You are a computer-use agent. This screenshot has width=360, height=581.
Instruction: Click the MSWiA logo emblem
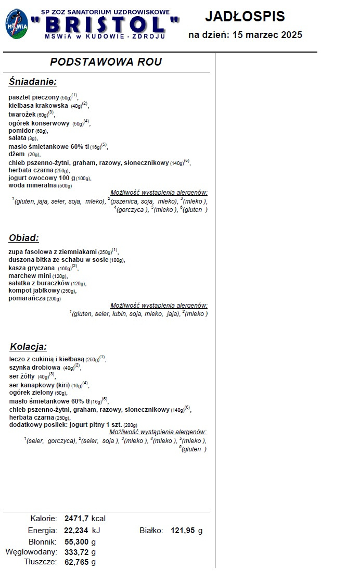(17, 24)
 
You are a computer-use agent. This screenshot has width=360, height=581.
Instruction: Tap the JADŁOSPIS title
(245, 17)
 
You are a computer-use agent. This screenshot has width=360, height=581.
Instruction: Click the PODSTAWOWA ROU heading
(106, 62)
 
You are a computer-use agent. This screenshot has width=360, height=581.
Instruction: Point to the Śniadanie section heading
(32, 82)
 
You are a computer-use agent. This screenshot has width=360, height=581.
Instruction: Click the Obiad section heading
(24, 238)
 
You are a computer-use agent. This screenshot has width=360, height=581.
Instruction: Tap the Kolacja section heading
(28, 347)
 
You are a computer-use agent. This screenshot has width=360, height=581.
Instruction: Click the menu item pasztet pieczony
(34, 97)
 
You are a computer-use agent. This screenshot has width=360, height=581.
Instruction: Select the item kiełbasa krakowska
(38, 106)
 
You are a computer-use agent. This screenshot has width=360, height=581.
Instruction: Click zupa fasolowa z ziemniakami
(53, 251)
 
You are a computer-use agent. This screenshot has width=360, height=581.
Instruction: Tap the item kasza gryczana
(32, 268)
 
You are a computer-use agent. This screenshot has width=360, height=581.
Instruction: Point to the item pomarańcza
(28, 298)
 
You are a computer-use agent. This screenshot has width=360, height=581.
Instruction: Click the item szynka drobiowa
(34, 368)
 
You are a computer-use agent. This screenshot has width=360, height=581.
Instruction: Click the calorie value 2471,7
(76, 519)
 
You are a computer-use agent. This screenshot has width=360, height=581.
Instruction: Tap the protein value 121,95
(183, 531)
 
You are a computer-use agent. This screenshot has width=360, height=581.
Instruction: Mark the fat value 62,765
(76, 562)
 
